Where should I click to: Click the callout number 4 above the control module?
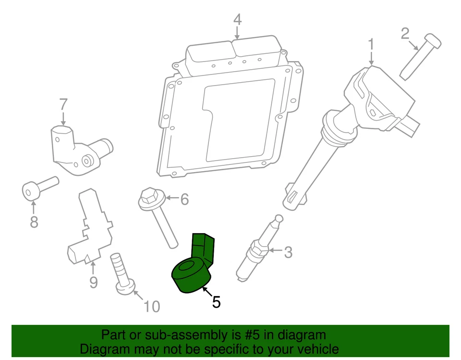237,20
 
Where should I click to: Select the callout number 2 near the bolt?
405,33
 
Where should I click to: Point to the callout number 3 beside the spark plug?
288,252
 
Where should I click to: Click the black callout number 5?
217,302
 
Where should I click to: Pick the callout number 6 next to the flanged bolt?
184,199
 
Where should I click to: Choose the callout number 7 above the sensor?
63,104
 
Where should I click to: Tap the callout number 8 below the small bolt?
34,222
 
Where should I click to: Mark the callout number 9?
93,282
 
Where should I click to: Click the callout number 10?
152,306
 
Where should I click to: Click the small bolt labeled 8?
38,189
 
